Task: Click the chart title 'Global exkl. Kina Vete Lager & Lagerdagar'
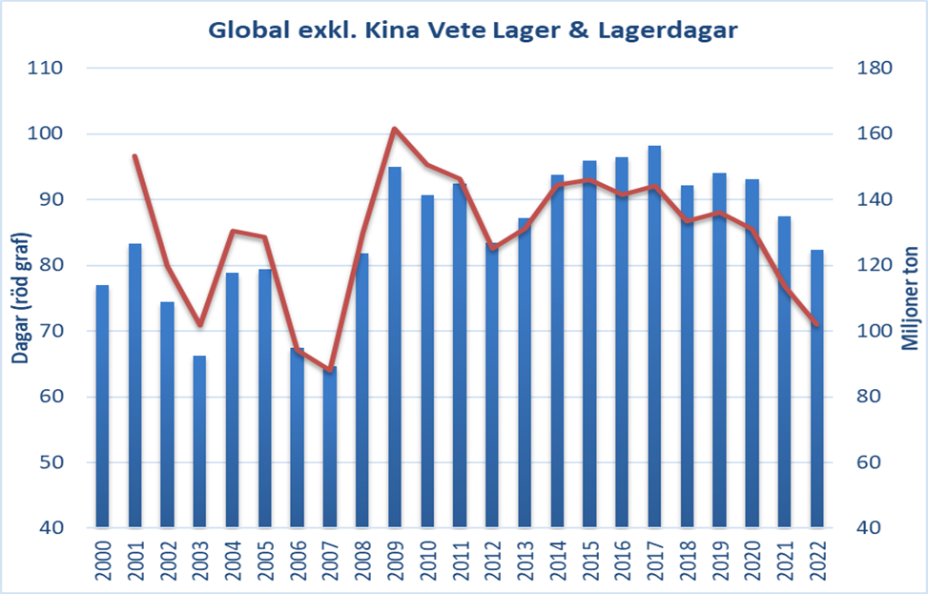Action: coord(472,30)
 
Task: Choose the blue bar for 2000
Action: coord(102,406)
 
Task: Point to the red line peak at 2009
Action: coord(394,129)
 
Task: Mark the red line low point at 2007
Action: coord(329,370)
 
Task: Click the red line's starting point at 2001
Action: coord(134,155)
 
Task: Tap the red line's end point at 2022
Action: coord(816,325)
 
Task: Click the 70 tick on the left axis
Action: coord(45,332)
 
